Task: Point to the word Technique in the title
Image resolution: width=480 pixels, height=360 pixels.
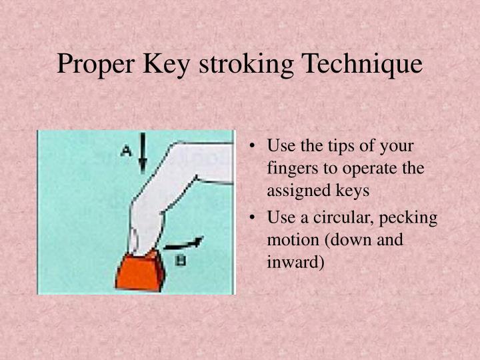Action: click(x=363, y=65)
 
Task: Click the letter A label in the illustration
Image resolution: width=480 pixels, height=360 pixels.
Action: click(x=125, y=151)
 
